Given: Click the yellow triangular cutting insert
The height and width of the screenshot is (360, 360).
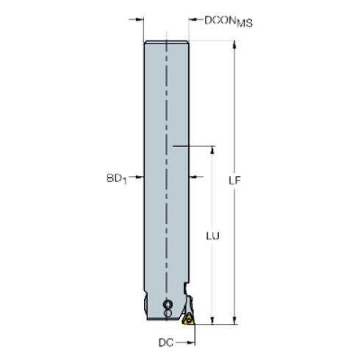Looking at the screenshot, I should [189, 318].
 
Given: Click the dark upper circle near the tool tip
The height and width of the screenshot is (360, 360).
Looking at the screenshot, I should [168, 303].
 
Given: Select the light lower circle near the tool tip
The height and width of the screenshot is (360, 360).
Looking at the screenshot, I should [168, 314].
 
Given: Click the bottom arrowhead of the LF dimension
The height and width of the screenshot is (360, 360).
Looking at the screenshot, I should [234, 319].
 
